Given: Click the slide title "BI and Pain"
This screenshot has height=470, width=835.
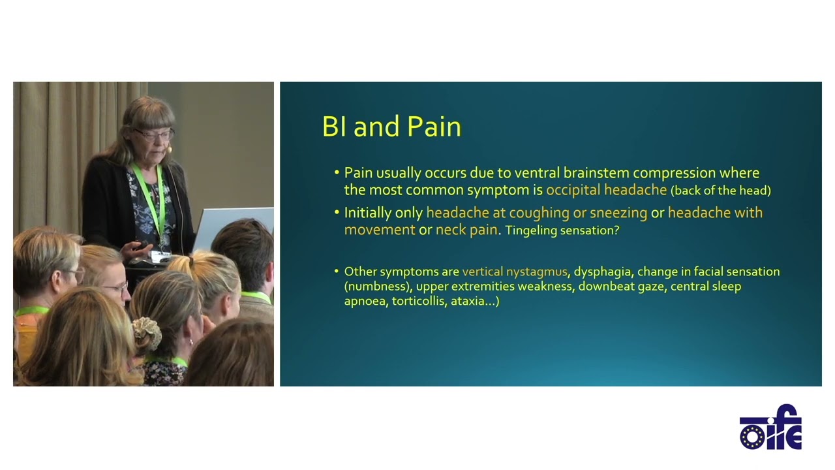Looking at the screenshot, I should tap(391, 127).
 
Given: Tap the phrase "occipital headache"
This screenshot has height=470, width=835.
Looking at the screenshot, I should tap(606, 190).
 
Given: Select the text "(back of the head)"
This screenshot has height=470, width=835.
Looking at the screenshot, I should tap(720, 191).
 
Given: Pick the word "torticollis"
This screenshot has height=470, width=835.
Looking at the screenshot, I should tap(418, 302).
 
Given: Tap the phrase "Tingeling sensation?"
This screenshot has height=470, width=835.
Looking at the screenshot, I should tap(562, 230).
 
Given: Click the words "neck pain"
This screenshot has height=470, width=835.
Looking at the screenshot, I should tap(466, 230).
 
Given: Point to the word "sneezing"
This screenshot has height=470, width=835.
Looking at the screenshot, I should tap(618, 213).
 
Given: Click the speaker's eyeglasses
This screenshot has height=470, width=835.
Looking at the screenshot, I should tap(154, 134).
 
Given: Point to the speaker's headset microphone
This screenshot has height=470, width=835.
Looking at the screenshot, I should tap(170, 149).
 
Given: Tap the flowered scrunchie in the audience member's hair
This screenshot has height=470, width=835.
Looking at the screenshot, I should tap(147, 332).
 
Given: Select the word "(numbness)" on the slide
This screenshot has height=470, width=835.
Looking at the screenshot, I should tap(377, 287).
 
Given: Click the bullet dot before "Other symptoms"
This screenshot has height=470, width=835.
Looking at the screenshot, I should tap(337, 272).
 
